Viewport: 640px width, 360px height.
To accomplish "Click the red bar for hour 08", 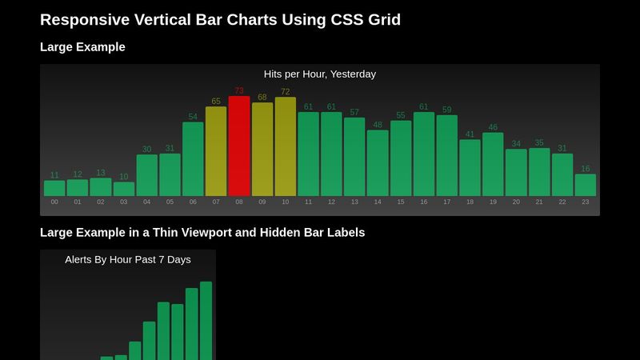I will [239, 146].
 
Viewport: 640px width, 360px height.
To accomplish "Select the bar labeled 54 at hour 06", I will [193, 159].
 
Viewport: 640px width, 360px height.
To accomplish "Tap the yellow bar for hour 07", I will [216, 151].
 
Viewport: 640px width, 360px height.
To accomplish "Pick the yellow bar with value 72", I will [286, 147].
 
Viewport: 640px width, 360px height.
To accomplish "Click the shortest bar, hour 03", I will [124, 189].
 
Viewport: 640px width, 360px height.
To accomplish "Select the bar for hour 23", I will [586, 185].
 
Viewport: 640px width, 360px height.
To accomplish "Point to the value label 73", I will [239, 91].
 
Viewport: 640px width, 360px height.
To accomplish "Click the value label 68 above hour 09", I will [262, 98].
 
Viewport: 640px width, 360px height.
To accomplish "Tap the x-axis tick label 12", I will [331, 202].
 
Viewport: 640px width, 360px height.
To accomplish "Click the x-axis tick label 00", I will [54, 202].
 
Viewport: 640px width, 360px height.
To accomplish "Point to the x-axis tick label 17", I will [446, 202].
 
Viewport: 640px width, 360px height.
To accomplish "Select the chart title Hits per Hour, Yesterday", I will [320, 74].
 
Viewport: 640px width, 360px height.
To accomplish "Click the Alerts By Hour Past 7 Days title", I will [128, 260].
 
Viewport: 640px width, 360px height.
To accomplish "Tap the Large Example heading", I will [82, 47].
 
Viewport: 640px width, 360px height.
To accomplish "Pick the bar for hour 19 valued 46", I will [493, 164].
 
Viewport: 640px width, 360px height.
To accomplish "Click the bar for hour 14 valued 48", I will [378, 163].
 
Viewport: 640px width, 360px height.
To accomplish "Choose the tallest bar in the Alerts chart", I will [206, 320].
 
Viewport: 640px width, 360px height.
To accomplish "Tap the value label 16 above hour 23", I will [586, 169].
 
